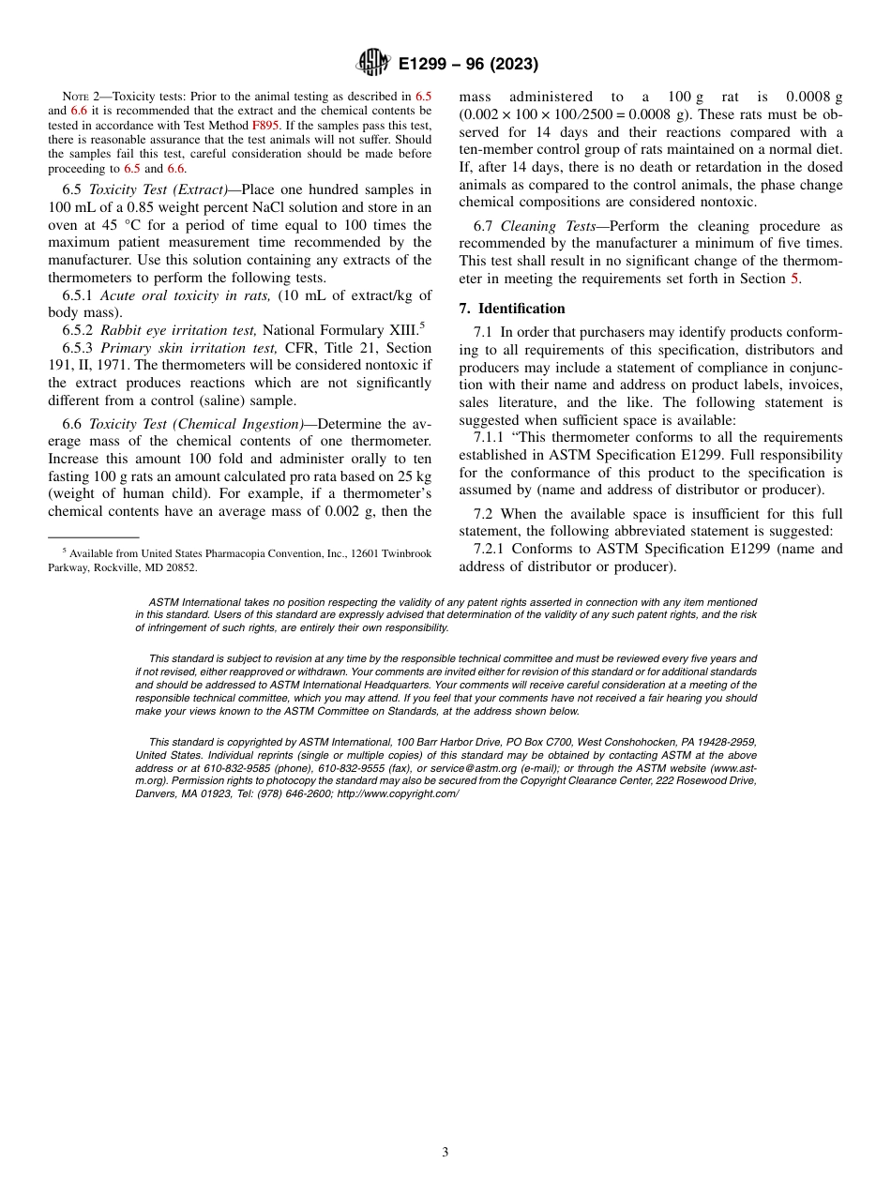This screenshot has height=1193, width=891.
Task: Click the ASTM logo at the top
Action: tap(372, 64)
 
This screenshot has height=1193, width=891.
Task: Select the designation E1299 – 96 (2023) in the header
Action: tap(468, 65)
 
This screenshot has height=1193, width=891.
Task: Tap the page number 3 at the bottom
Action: tap(445, 1153)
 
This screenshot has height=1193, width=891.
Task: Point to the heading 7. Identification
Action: tap(512, 309)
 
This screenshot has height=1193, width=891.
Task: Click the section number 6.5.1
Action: tap(79, 295)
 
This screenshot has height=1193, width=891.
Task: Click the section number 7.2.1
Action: tap(493, 549)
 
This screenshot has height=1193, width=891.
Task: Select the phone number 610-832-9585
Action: tap(209, 768)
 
